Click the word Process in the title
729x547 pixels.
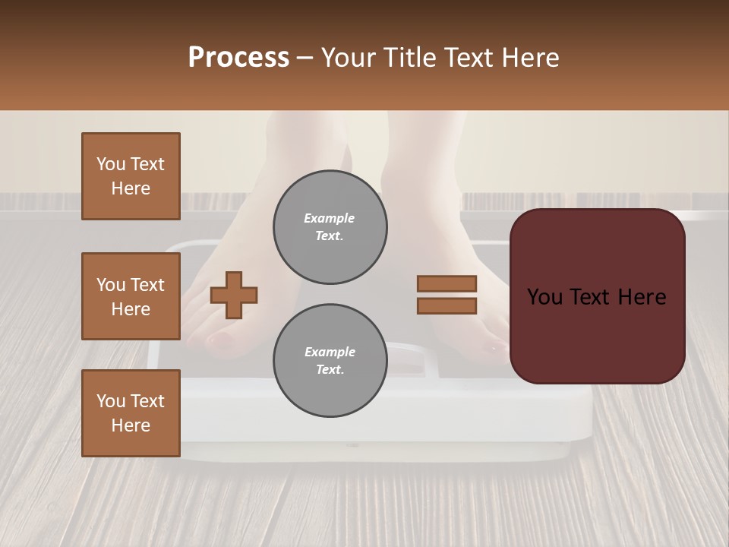pos(238,58)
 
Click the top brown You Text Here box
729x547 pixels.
pos(131,176)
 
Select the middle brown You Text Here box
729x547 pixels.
pos(131,296)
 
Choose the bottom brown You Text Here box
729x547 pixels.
pos(131,413)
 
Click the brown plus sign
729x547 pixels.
pos(234,295)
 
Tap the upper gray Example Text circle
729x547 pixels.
pos(330,227)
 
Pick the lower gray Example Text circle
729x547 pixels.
pos(330,361)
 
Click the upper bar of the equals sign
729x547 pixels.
pos(447,283)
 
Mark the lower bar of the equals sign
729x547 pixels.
pos(447,306)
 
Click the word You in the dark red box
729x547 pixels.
pos(544,297)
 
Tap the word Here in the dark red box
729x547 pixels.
pos(641,297)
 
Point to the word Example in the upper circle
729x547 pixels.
pos(330,218)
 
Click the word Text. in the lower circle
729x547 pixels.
pos(330,370)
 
